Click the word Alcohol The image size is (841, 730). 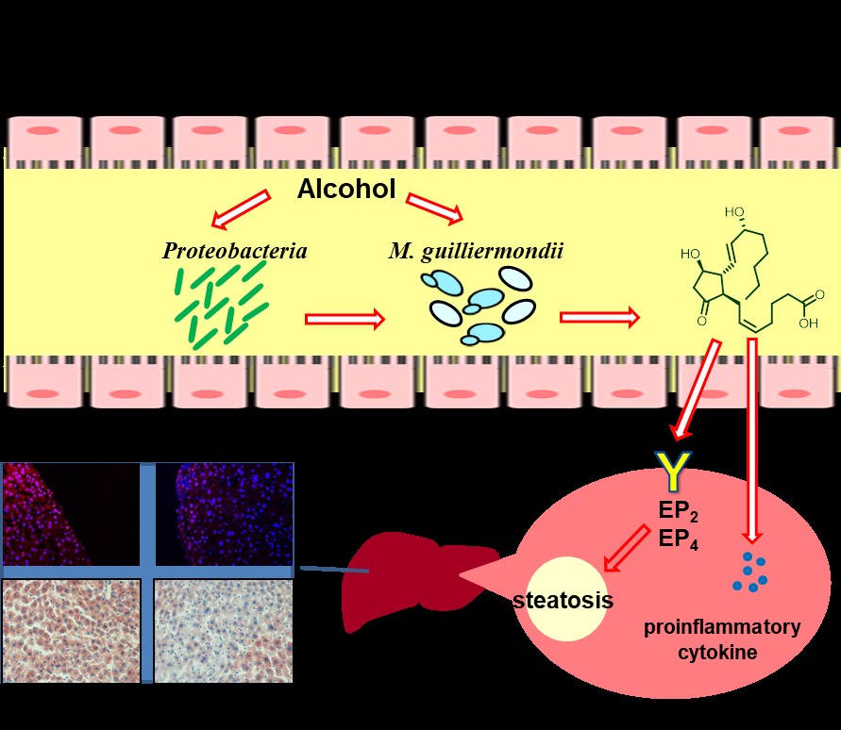[x=346, y=189]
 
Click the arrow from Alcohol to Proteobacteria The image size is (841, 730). [x=241, y=210]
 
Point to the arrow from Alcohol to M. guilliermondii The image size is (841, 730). [x=436, y=207]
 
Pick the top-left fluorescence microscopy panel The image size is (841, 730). [x=71, y=514]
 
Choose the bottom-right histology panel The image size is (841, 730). [x=223, y=630]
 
